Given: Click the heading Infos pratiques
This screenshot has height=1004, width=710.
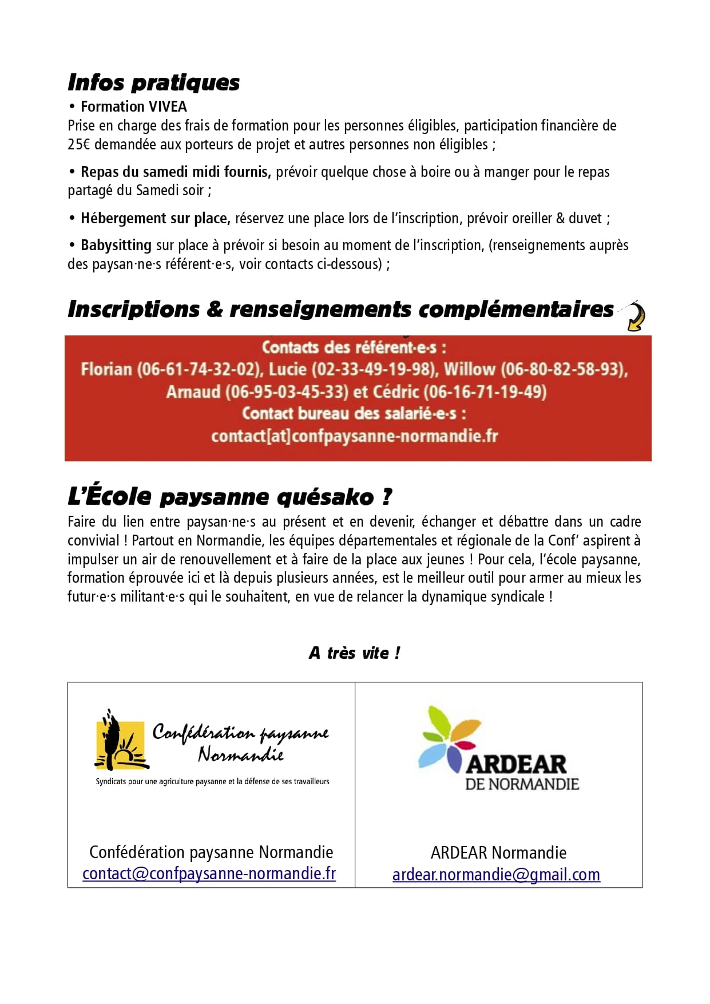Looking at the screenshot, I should pyautogui.click(x=153, y=82).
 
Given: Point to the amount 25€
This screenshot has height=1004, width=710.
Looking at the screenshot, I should pyautogui.click(x=79, y=144).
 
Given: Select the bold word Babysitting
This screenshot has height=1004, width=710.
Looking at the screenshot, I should pyautogui.click(x=116, y=245).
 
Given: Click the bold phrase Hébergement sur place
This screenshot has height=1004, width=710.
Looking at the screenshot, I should pyautogui.click(x=155, y=218).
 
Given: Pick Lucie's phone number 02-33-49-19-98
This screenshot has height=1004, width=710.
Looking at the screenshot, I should pyautogui.click(x=375, y=369).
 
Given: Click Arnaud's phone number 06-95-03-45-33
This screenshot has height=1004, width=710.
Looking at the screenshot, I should pyautogui.click(x=287, y=392).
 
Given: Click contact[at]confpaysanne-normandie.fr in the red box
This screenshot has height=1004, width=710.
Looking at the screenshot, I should pyautogui.click(x=355, y=436).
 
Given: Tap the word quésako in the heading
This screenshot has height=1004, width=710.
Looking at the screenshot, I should pyautogui.click(x=325, y=497).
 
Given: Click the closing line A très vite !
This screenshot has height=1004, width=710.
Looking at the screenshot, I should pyautogui.click(x=355, y=653).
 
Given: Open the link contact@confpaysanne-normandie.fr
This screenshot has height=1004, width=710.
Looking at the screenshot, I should pyautogui.click(x=209, y=873).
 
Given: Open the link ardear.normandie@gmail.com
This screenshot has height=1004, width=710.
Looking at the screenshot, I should pyautogui.click(x=496, y=875).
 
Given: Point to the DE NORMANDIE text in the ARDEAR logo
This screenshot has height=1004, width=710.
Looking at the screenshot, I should pyautogui.click(x=522, y=784).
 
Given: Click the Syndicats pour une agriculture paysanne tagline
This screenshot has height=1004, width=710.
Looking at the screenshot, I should pyautogui.click(x=212, y=781).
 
